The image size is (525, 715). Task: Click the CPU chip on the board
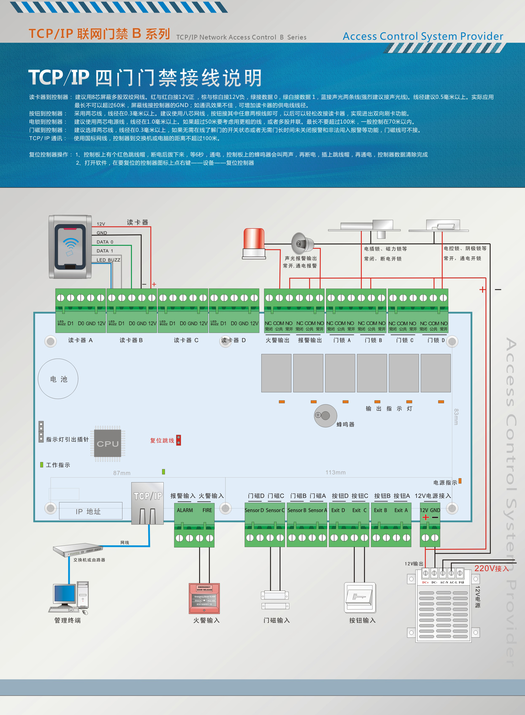pyautogui.click(x=108, y=443)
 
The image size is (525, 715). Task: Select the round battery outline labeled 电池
pyautogui.click(x=58, y=379)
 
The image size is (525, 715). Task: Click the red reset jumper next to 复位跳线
pyautogui.click(x=179, y=440)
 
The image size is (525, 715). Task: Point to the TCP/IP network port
pyautogui.click(x=147, y=503)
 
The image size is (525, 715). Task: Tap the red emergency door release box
pyautogui.click(x=204, y=598)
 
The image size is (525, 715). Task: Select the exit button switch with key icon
pyautogui.click(x=360, y=597)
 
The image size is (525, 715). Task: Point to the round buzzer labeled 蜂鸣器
pyautogui.click(x=325, y=415)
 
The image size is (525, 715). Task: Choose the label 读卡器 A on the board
pyautogui.click(x=80, y=340)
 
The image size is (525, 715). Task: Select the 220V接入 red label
pyautogui.click(x=491, y=568)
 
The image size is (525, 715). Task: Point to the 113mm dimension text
pyautogui.click(x=335, y=472)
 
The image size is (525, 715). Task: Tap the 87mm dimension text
pyautogui.click(x=122, y=473)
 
